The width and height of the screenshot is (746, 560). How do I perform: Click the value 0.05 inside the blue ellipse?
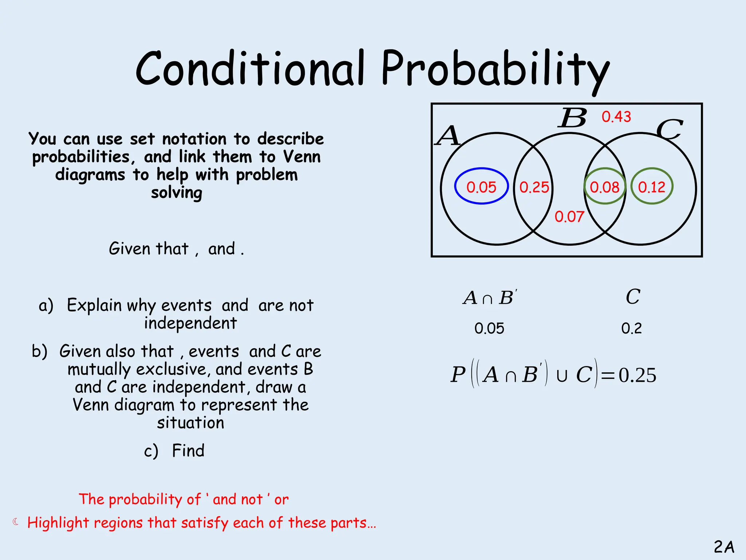[x=481, y=187]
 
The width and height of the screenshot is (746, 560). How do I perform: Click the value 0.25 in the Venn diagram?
[x=534, y=187]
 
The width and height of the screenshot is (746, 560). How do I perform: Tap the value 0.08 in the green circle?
[x=604, y=187]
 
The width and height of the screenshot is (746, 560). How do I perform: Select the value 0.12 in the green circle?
[x=652, y=187]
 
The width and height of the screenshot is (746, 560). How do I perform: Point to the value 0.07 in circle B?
[x=569, y=217]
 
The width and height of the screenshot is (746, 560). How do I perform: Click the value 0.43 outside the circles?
[x=616, y=117]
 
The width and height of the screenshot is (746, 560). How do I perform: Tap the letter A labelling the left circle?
[x=448, y=136]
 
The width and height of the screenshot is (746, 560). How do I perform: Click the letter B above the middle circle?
[x=573, y=118]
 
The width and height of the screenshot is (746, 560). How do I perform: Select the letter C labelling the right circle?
[x=670, y=130]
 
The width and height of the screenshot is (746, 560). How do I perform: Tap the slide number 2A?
[x=724, y=547]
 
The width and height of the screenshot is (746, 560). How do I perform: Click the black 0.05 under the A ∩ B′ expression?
[x=489, y=328]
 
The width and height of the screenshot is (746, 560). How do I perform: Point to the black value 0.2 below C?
[x=631, y=328]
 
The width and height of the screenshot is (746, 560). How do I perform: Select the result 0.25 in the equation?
[x=637, y=375]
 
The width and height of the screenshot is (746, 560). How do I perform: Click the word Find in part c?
[x=188, y=451]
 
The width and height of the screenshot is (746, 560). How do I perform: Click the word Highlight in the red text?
[x=58, y=523]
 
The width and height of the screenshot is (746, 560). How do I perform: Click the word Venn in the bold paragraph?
[x=302, y=157]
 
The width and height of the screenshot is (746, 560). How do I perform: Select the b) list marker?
[x=39, y=351]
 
